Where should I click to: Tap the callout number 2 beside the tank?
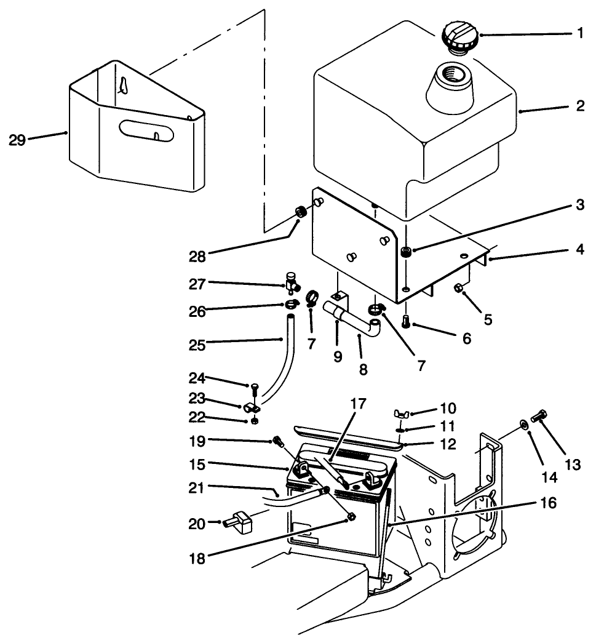(x=579, y=106)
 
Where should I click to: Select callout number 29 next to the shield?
(x=17, y=140)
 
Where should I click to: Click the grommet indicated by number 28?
(x=301, y=213)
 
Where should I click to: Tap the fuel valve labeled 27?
(x=291, y=284)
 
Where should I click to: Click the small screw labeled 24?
(x=255, y=386)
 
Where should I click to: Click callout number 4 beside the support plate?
(x=580, y=250)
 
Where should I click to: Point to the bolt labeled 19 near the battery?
(x=277, y=441)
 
